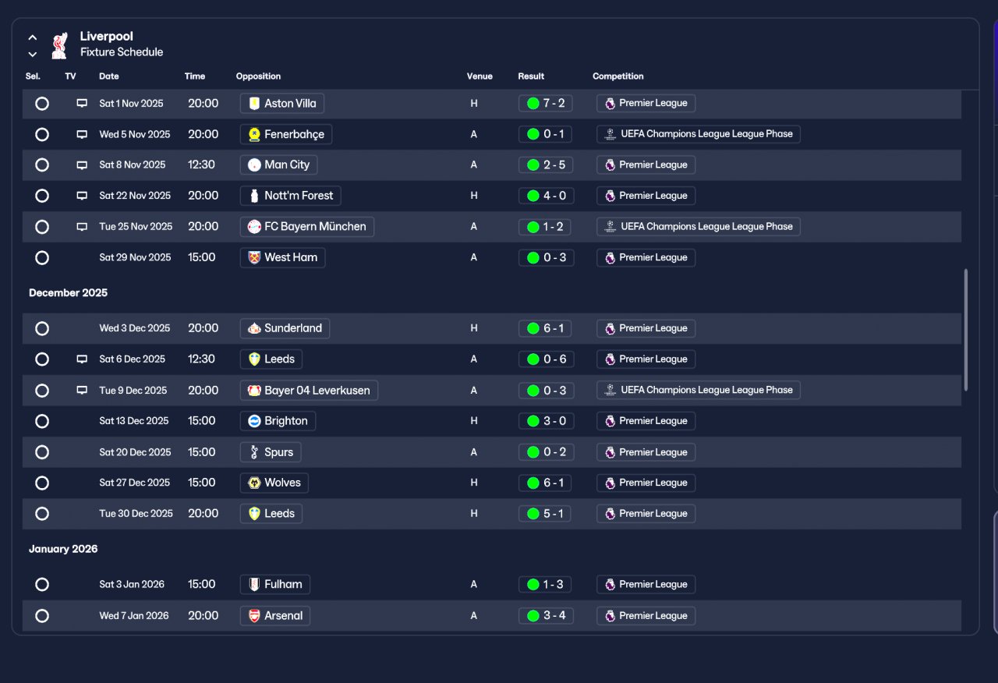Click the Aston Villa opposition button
click(282, 104)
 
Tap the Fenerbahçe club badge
click(254, 134)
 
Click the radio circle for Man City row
click(42, 165)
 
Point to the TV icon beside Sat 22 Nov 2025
click(82, 196)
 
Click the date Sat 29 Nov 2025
click(135, 257)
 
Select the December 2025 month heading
click(68, 292)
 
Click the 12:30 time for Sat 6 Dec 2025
click(201, 359)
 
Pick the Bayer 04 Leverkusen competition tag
click(698, 390)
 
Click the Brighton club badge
click(254, 421)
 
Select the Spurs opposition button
click(271, 452)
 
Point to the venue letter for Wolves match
click(473, 483)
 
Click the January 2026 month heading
click(63, 549)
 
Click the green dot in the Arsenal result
click(533, 616)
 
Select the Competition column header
click(618, 76)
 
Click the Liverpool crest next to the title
click(60, 45)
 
